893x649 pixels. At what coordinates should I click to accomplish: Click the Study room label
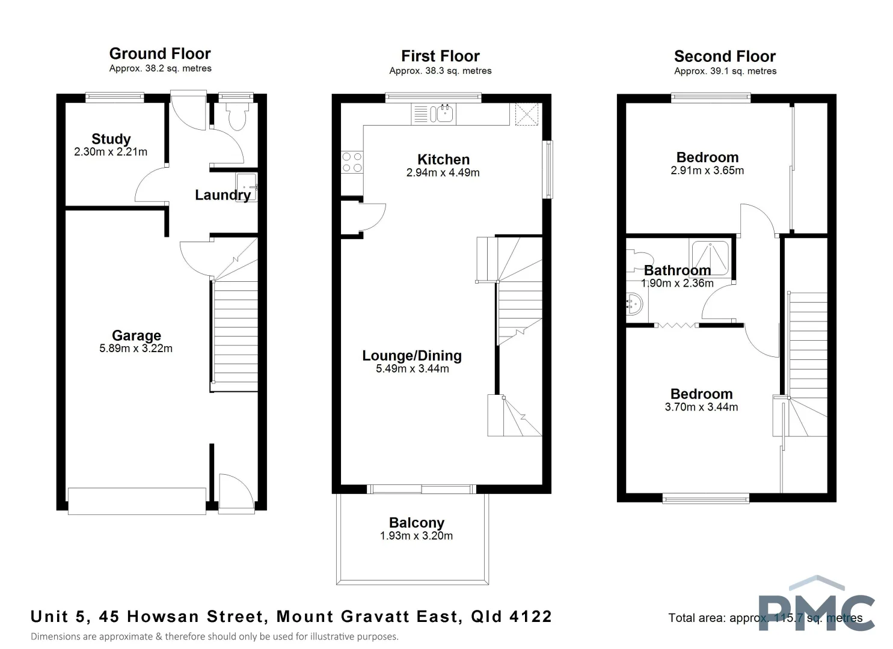(111, 139)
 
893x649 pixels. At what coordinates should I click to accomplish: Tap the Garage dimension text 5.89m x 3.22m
(136, 349)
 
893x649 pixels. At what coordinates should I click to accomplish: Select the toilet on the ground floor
(236, 117)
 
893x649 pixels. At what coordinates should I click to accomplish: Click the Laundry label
(222, 195)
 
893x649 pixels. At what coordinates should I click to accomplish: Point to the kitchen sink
(444, 113)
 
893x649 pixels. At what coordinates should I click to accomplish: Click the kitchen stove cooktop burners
(352, 162)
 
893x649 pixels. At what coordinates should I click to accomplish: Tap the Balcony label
(416, 523)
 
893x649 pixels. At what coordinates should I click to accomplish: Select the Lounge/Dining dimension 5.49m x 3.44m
(413, 369)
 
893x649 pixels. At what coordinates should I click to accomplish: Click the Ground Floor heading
(160, 54)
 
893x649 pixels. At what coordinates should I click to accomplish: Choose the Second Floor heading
(725, 56)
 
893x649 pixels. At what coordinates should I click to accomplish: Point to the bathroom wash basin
(634, 304)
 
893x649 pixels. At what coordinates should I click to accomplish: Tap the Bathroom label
(677, 270)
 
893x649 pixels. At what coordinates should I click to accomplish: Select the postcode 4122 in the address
(530, 617)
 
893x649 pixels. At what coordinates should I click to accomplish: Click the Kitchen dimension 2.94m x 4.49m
(443, 173)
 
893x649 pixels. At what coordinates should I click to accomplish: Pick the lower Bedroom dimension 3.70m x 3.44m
(701, 407)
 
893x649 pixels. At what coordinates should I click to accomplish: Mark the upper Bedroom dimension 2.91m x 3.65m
(707, 171)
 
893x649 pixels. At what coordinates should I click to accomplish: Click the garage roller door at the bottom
(137, 501)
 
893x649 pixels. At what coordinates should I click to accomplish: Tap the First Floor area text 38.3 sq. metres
(440, 71)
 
